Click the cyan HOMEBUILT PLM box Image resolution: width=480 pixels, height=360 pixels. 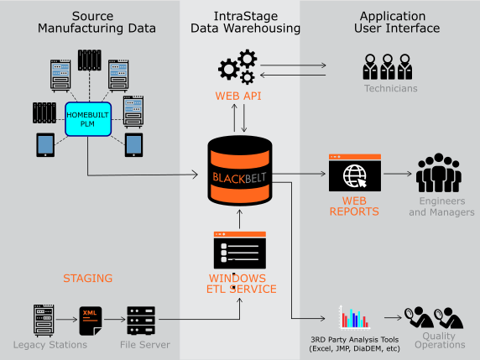tap(88, 119)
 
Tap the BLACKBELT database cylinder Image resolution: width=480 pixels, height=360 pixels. tap(240, 171)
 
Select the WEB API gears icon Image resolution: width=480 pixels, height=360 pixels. tap(237, 67)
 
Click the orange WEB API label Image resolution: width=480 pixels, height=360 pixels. tap(238, 96)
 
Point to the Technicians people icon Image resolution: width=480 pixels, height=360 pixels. tap(388, 67)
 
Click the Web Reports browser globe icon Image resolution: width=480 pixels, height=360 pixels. tap(355, 173)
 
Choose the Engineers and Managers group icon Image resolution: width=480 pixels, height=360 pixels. tap(438, 173)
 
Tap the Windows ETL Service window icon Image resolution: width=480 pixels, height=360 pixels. tap(240, 250)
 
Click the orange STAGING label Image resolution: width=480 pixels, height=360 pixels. tap(88, 279)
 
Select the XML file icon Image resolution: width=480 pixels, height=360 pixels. tap(91, 321)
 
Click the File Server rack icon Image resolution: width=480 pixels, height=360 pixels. tap(141, 321)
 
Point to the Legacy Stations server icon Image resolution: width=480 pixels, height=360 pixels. tap(44, 321)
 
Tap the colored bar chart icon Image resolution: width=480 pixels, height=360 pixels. tap(354, 318)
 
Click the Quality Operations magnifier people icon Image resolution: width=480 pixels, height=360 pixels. tap(434, 318)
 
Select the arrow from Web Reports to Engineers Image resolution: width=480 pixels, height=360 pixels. tap(398, 174)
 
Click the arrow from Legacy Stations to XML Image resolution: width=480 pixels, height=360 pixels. tap(67, 320)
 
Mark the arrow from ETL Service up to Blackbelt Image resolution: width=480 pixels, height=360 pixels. tap(240, 219)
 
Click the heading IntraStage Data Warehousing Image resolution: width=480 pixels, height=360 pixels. tap(245, 22)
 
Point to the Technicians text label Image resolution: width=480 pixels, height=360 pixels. tap(390, 88)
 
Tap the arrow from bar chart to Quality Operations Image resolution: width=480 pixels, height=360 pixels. tap(393, 318)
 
